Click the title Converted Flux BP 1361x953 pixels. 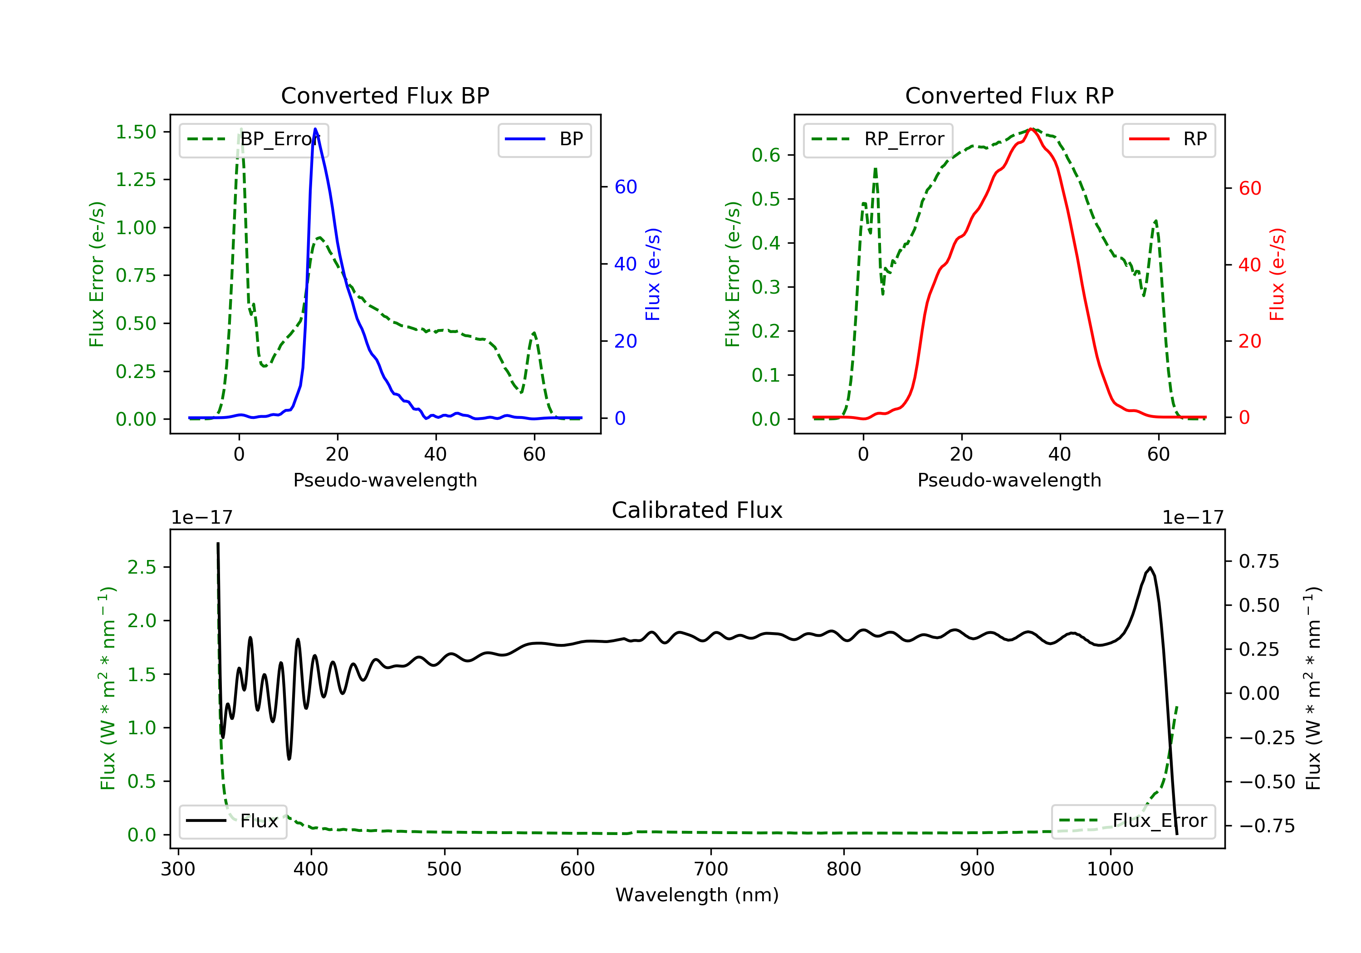385,95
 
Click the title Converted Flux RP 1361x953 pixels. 1009,95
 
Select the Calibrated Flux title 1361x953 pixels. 697,510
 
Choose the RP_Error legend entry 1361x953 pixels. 878,139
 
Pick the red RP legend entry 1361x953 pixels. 1168,139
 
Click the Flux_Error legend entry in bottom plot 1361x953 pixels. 1133,821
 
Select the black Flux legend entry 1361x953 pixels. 232,821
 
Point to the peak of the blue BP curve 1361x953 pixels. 315,129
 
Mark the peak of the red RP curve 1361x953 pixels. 1032,129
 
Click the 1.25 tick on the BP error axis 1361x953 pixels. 136,180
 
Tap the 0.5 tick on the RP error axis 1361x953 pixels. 766,199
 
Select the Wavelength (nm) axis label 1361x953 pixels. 697,895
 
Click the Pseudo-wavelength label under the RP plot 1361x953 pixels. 1009,480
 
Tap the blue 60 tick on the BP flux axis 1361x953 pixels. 625,187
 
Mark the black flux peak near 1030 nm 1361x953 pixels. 1150,568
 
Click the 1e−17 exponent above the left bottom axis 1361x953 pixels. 201,518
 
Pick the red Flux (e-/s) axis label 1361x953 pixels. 1276,274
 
